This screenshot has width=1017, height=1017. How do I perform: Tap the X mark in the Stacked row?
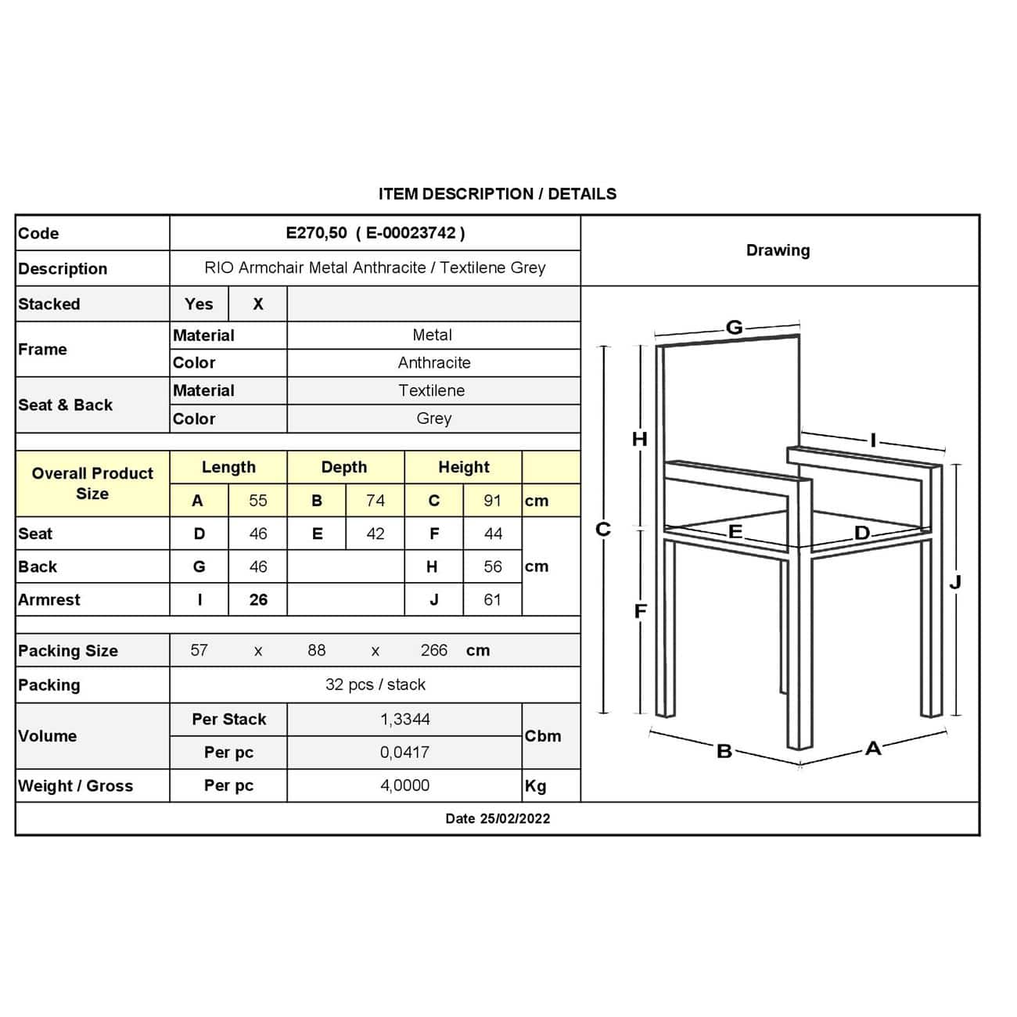coord(257,304)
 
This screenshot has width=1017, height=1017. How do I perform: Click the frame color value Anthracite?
coord(433,363)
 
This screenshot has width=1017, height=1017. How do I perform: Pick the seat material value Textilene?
coord(431,390)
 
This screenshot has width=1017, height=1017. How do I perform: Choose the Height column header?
coord(463,467)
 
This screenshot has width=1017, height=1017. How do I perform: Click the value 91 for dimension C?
coord(492,501)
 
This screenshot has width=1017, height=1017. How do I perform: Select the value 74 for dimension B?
coord(375,501)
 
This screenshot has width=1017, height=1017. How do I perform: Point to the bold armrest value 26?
coord(257,600)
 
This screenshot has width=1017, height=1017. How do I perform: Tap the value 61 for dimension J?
coord(492,600)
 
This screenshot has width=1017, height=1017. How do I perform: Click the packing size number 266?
coord(433,650)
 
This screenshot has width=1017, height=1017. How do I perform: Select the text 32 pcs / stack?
coord(375,685)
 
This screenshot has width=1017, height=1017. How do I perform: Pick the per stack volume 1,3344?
coord(404,719)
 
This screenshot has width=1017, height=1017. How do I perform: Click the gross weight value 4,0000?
coord(404,785)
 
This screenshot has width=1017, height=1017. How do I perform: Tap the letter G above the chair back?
coord(734,327)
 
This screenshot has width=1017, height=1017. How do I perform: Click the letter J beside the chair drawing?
coord(954,582)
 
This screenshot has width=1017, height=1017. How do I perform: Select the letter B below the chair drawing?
coord(724,752)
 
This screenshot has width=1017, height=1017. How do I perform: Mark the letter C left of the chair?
coord(602,530)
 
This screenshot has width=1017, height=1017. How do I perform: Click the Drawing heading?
coord(778,250)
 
